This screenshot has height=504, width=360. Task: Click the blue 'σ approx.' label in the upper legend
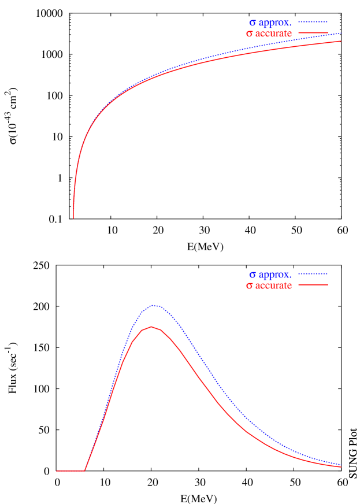pyautogui.click(x=270, y=23)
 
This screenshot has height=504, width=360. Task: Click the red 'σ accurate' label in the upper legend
pyautogui.click(x=269, y=34)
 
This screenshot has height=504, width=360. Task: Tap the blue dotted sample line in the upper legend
pyautogui.click(x=313, y=23)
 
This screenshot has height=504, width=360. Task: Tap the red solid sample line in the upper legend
pyautogui.click(x=313, y=34)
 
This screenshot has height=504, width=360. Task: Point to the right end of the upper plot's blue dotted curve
pyautogui.click(x=340, y=33)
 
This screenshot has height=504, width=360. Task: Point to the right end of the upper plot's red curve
pyautogui.click(x=340, y=41)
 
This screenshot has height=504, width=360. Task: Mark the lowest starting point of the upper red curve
pyautogui.click(x=73, y=218)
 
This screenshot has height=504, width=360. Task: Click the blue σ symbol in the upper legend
pyautogui.click(x=252, y=23)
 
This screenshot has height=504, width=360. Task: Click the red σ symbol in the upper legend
pyautogui.click(x=249, y=34)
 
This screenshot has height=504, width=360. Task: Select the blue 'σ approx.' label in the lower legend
pyautogui.click(x=270, y=275)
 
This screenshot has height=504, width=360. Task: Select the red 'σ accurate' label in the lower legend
pyautogui.click(x=269, y=286)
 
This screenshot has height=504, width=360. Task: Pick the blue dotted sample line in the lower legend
pyautogui.click(x=313, y=274)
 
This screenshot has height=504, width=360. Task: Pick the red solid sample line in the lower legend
pyautogui.click(x=313, y=285)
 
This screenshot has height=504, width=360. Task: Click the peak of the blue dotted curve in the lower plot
pyautogui.click(x=153, y=305)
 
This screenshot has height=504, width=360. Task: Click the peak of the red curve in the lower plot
pyautogui.click(x=151, y=327)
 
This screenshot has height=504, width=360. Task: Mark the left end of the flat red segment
pyautogui.click(x=57, y=470)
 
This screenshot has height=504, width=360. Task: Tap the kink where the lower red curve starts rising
pyautogui.click(x=85, y=470)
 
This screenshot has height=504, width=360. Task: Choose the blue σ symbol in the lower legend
pyautogui.click(x=252, y=275)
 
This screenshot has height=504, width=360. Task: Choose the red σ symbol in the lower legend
pyautogui.click(x=249, y=286)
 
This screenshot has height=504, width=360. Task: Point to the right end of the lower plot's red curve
pyautogui.click(x=341, y=466)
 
